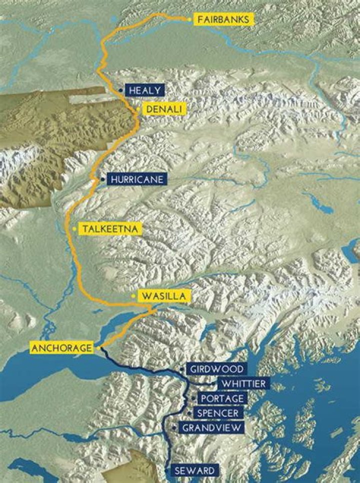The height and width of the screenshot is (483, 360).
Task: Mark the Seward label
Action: [194, 470]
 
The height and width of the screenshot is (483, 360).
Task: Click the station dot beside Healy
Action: [121, 90]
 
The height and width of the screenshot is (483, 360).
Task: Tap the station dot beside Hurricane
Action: [102, 179]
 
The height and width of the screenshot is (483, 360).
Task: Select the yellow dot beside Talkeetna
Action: [74, 228]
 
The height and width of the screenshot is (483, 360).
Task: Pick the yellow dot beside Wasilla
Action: [133, 296]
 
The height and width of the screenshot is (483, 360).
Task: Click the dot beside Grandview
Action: [173, 428]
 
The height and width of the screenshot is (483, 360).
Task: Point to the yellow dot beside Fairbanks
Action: [189, 19]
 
